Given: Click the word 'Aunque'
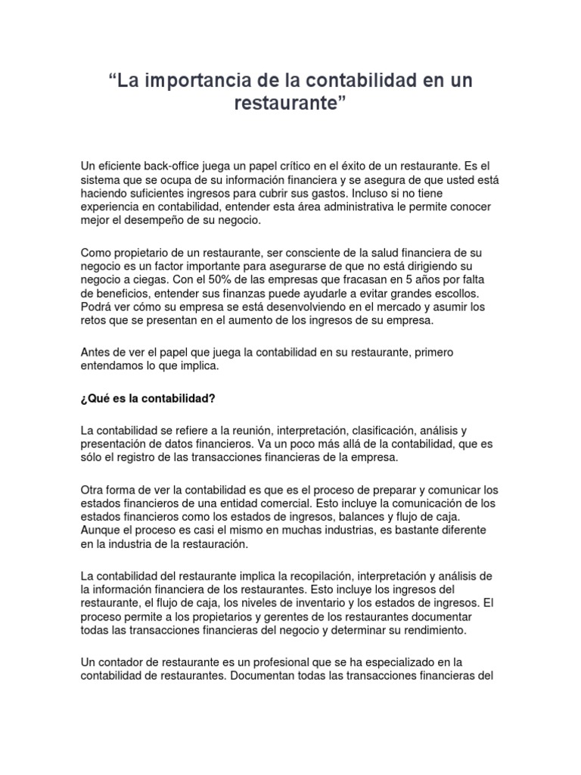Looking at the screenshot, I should point(101,531).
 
